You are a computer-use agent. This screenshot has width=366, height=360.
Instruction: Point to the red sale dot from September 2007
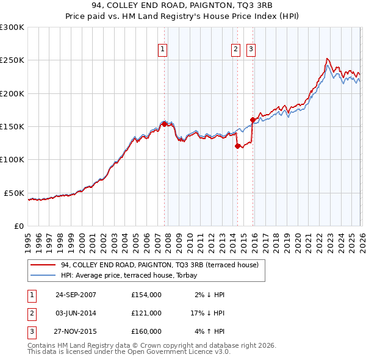point(164,124)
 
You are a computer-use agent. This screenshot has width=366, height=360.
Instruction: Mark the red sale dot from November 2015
point(253,120)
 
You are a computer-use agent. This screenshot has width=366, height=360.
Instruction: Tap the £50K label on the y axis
point(15,193)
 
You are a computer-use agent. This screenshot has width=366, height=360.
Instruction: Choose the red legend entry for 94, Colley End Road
point(160,265)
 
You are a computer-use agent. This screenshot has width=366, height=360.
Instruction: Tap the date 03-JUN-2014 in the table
point(76,313)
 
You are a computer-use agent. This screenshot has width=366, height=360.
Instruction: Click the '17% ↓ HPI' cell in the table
point(207,313)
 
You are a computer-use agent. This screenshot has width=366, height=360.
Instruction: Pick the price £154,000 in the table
point(146,295)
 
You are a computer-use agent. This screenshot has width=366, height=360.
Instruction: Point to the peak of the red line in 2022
point(327,59)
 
